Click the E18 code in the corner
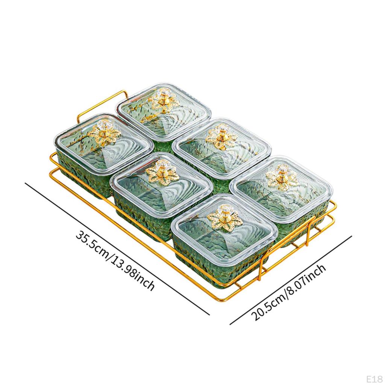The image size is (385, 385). click(374, 379)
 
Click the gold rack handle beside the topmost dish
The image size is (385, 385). click(102, 106)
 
